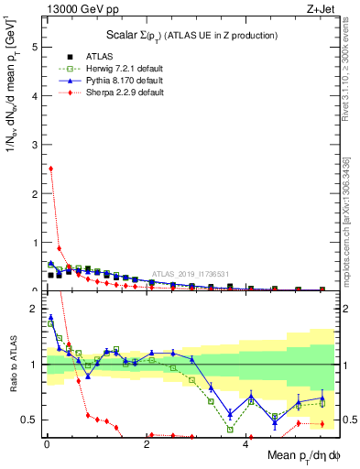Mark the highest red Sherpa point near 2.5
click(x=50, y=169)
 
